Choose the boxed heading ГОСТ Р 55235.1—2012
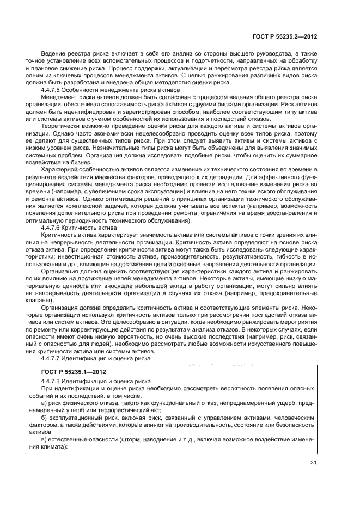(x=74, y=372)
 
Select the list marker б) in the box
(x=45, y=417)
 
